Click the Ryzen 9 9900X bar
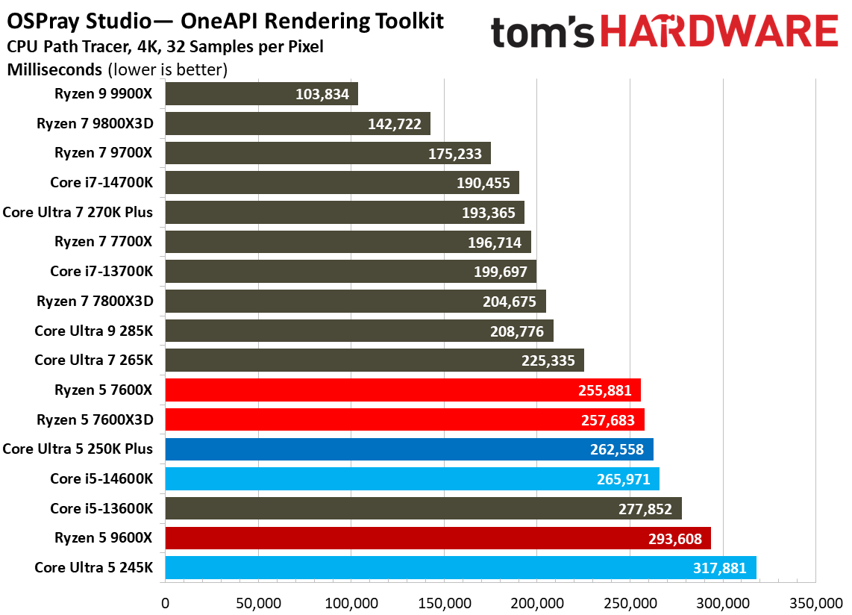click(261, 94)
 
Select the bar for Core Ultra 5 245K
click(460, 568)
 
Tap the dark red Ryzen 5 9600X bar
click(437, 538)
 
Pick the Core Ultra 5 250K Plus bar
click(409, 449)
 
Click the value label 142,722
click(395, 124)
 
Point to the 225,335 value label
click(548, 361)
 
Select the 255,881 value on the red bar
click(605, 390)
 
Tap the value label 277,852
click(646, 509)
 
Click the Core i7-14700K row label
click(101, 183)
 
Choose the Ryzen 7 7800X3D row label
click(95, 302)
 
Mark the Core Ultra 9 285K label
click(93, 331)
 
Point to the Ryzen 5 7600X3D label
click(95, 419)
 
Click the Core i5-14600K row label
click(101, 479)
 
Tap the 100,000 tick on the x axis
click(351, 602)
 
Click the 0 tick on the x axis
click(165, 602)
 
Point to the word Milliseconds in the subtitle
click(54, 70)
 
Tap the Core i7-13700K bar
click(351, 272)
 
